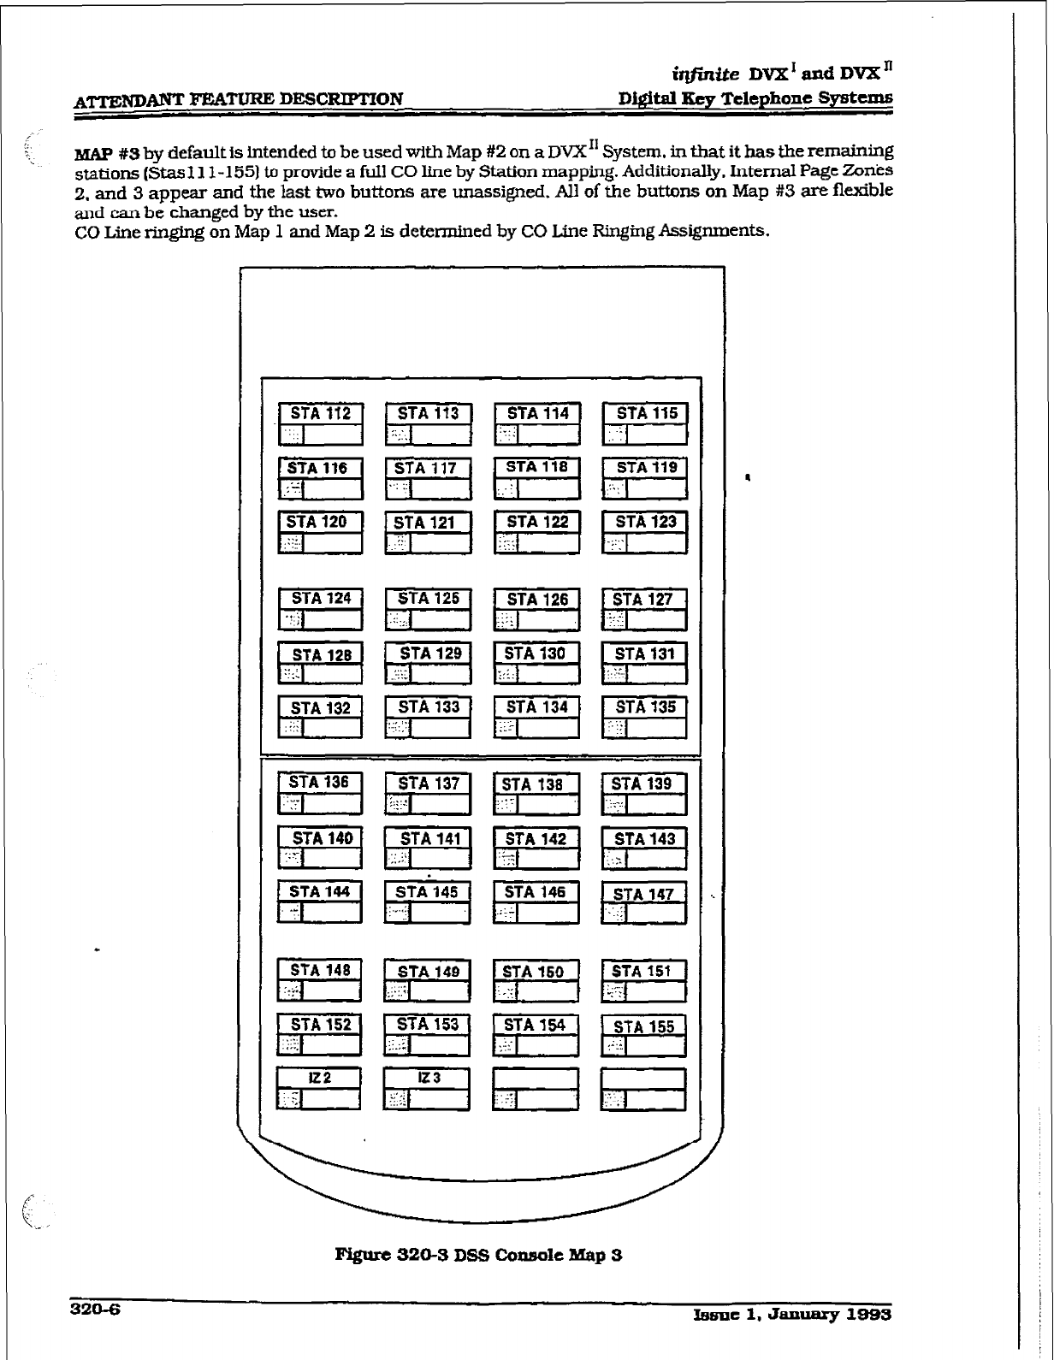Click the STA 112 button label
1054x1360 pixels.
(x=321, y=414)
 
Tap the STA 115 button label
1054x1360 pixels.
(x=646, y=414)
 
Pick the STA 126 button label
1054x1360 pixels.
(x=537, y=600)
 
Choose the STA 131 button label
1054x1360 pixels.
(x=645, y=654)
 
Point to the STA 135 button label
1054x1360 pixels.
(x=645, y=707)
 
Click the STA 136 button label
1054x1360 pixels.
(x=319, y=783)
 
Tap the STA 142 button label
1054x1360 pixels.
(x=536, y=839)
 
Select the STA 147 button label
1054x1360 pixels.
(x=643, y=895)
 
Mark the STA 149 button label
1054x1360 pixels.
(x=428, y=972)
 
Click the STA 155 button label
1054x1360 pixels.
(x=643, y=1026)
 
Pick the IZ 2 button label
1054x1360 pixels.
(x=319, y=1079)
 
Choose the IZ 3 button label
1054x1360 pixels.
(x=428, y=1079)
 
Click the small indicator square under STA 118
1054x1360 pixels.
(x=506, y=489)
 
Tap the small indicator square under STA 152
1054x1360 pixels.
(x=290, y=1044)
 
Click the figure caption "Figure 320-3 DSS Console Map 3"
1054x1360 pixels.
(x=478, y=1256)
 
